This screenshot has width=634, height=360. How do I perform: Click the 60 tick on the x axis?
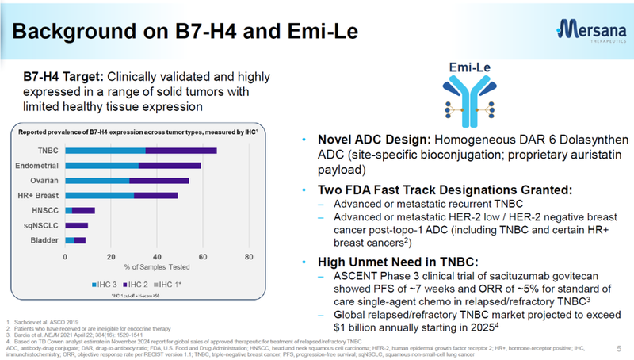pyautogui.click(x=203, y=257)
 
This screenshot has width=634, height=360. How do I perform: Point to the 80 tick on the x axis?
pyautogui.click(x=249, y=257)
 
